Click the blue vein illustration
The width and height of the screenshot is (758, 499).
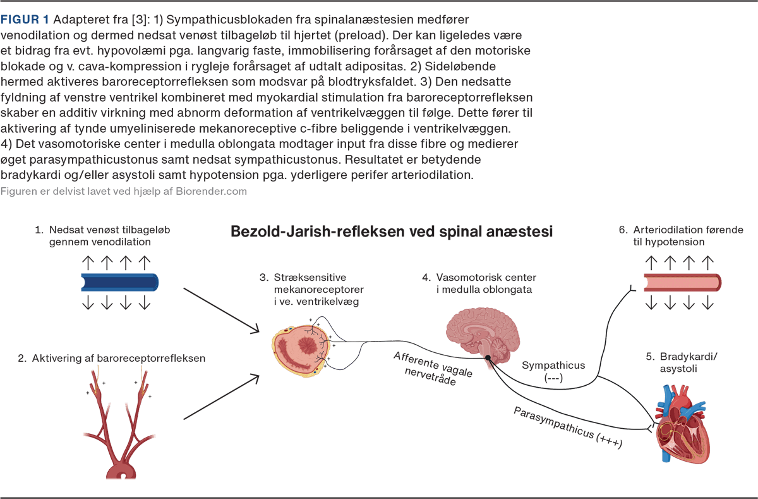pos(119,281)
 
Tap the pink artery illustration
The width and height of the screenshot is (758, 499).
pos(682,281)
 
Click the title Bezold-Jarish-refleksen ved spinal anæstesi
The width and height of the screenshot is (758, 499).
pos(392,231)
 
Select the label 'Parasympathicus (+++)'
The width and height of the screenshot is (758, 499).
pos(568,428)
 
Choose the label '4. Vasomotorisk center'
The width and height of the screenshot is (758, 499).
pos(479,283)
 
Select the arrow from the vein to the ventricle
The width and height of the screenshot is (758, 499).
pos(220,311)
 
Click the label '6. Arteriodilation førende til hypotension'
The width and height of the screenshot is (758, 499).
pos(680,235)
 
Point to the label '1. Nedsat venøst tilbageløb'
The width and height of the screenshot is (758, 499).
pos(102,235)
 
